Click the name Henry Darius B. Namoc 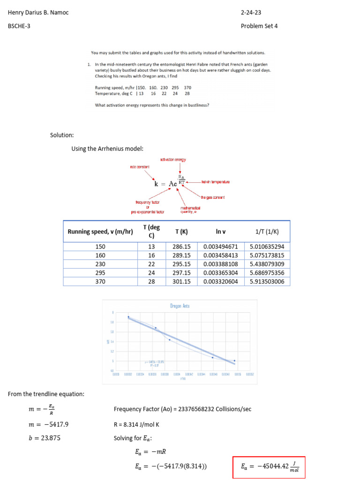point(38,13)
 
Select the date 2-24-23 point(251,13)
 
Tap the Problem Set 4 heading point(259,26)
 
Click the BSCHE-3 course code point(19,26)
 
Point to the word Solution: point(62,135)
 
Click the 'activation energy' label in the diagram point(173,160)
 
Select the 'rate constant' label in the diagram point(140,167)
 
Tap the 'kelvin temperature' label point(215,181)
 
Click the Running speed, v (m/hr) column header point(100,232)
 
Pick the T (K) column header point(181,232)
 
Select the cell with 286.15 point(181,247)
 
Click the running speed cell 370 point(100,282)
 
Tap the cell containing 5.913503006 point(267,282)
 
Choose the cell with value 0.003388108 point(221,264)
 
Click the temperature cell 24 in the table point(151,273)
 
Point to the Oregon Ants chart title point(180,306)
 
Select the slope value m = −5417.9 point(49,425)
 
